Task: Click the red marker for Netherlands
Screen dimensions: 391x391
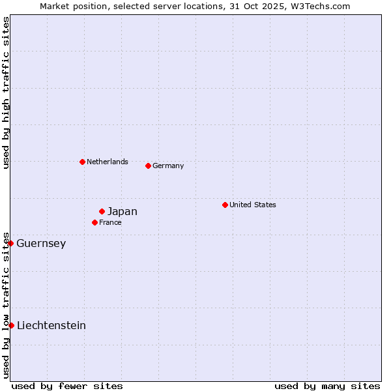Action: click(x=82, y=162)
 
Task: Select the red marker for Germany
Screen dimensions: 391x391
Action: click(x=148, y=166)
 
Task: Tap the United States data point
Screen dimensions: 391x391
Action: click(x=225, y=205)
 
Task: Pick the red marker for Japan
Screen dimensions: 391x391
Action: click(x=102, y=211)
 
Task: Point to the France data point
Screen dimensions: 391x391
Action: click(x=94, y=222)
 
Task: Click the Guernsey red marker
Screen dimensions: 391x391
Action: click(x=10, y=243)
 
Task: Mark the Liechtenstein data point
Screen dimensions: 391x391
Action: click(x=11, y=325)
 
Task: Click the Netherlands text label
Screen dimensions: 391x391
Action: click(x=108, y=162)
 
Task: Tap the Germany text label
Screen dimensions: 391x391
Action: click(x=168, y=166)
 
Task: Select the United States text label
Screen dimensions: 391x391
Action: click(x=253, y=205)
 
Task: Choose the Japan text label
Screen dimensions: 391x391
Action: click(x=123, y=211)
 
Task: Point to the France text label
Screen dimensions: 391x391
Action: click(x=110, y=222)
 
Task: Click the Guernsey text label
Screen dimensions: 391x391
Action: click(x=41, y=244)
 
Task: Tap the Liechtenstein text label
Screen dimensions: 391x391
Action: click(x=51, y=326)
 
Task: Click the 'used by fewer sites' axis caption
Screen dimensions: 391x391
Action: click(x=67, y=386)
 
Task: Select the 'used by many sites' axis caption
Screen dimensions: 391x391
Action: click(x=327, y=386)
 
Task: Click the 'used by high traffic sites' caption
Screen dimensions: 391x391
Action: click(x=7, y=93)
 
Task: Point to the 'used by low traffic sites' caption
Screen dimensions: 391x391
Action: click(x=7, y=305)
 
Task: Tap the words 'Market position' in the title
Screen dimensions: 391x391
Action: click(x=69, y=6)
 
